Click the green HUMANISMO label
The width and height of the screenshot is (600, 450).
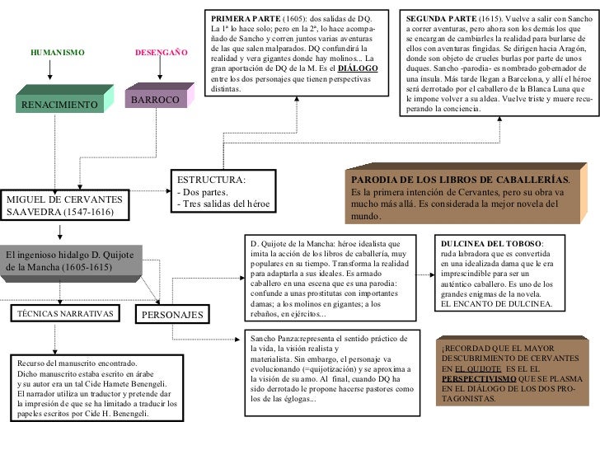tap(57, 52)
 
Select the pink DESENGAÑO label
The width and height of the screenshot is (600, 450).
tap(161, 52)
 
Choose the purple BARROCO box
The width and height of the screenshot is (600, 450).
tap(155, 100)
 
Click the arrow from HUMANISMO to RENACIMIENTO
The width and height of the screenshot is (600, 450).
tap(50, 72)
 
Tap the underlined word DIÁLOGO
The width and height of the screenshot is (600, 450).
tap(358, 68)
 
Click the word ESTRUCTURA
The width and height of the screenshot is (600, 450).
tap(211, 180)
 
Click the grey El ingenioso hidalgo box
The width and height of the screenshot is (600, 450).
tap(69, 260)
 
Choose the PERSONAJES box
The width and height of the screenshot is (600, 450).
tap(172, 314)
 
